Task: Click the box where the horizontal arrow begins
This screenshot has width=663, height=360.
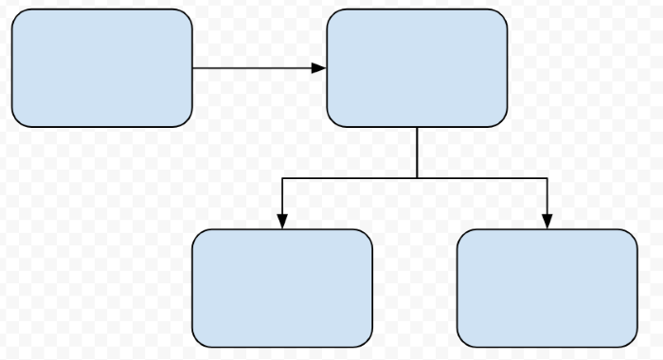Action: (x=101, y=68)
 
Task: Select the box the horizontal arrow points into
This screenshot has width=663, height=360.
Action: (x=417, y=68)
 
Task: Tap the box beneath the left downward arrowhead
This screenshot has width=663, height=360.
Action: (x=282, y=288)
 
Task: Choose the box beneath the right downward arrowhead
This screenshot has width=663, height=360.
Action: (x=547, y=288)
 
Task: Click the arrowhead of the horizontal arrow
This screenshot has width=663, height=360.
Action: (x=319, y=68)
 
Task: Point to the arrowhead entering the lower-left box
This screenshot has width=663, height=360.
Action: (x=282, y=222)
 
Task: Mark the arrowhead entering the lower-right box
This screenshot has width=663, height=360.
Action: (x=547, y=222)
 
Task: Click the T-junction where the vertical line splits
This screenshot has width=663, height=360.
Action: (x=417, y=178)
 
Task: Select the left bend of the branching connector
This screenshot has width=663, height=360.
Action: (x=282, y=178)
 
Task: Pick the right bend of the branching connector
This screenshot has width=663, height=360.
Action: (x=547, y=178)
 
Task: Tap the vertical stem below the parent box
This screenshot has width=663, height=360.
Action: (x=417, y=153)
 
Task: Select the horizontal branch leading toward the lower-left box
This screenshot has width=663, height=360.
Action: (x=349, y=178)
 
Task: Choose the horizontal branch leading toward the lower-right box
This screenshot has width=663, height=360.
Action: (x=481, y=178)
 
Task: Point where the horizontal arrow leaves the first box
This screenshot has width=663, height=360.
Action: (x=193, y=68)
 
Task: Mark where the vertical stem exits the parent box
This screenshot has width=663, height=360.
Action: (x=417, y=128)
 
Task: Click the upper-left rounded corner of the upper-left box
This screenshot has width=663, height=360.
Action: (x=17, y=15)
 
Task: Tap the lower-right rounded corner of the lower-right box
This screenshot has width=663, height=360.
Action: (x=631, y=341)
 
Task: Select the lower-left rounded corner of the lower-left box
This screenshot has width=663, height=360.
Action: (x=198, y=341)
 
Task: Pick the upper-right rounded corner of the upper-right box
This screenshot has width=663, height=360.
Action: (x=501, y=15)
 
